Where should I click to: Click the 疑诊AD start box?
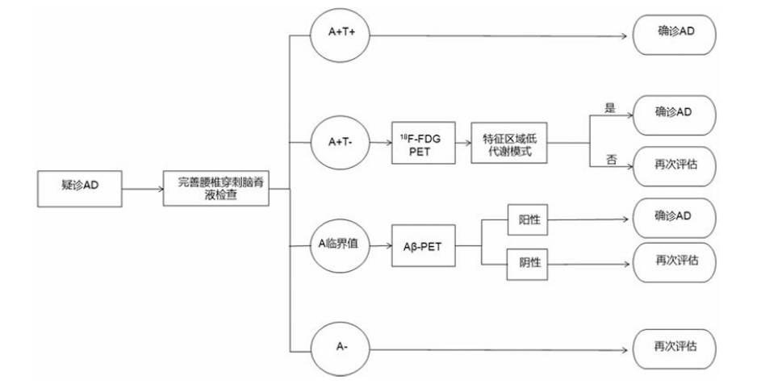pyautogui.click(x=80, y=189)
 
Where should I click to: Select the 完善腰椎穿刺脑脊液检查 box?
pyautogui.click(x=216, y=189)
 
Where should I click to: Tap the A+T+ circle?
pyautogui.click(x=340, y=35)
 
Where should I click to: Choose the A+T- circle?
pyautogui.click(x=340, y=143)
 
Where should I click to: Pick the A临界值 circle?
pyautogui.click(x=340, y=246)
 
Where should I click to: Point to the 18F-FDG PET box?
pyautogui.click(x=424, y=143)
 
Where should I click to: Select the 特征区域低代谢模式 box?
pyautogui.click(x=508, y=143)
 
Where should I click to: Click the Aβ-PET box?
pyautogui.click(x=424, y=246)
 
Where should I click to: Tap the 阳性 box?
pyautogui.click(x=528, y=219)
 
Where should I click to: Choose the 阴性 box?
pyautogui.click(x=528, y=264)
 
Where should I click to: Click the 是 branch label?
pyautogui.click(x=610, y=108)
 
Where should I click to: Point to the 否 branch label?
pyautogui.click(x=610, y=160)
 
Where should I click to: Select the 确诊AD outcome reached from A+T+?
pyautogui.click(x=675, y=35)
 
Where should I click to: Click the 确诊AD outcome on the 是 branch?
pyautogui.click(x=675, y=115)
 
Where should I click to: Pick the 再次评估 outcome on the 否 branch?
pyautogui.click(x=675, y=166)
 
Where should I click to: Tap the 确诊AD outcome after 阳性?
pyautogui.click(x=675, y=218)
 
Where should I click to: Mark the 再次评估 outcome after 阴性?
pyautogui.click(x=675, y=262)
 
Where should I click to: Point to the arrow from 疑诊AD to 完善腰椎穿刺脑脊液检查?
pyautogui.click(x=143, y=189)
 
